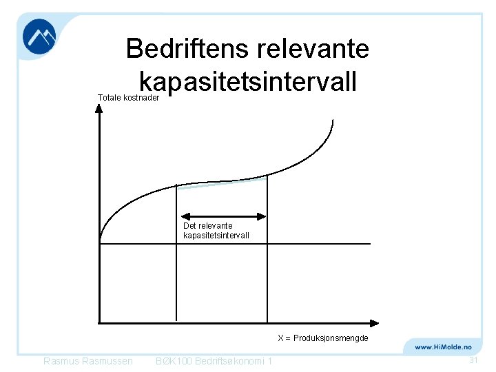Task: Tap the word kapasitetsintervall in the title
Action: [248, 82]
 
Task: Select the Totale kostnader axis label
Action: [129, 98]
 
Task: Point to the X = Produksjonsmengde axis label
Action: [323, 338]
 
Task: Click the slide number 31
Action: [473, 361]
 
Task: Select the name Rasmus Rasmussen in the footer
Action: [88, 362]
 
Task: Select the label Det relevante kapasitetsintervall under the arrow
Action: [216, 231]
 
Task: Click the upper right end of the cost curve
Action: [333, 123]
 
